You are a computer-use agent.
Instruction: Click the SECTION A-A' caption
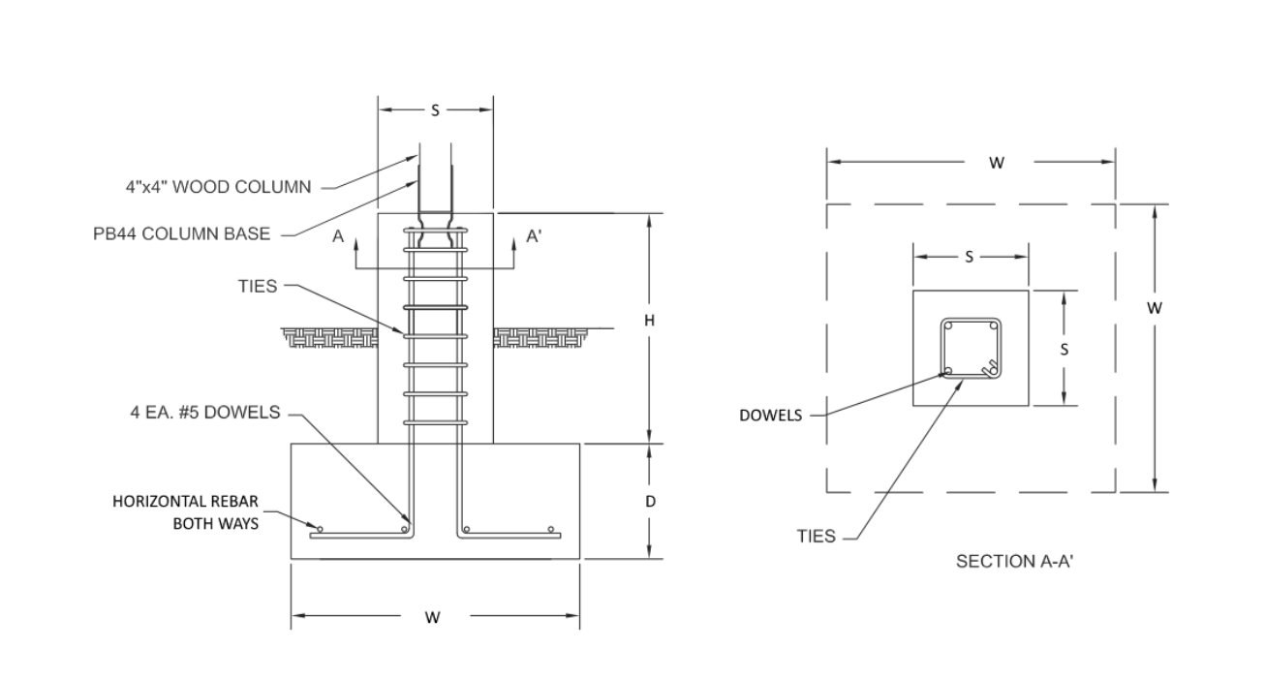[1014, 562]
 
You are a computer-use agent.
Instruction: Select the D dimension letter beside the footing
[650, 502]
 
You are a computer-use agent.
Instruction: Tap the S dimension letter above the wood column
[435, 110]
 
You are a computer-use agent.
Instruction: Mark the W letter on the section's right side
[1154, 308]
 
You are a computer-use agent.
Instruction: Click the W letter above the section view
[996, 163]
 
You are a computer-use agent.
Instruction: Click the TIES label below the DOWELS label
[816, 536]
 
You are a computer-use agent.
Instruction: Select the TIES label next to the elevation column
[258, 287]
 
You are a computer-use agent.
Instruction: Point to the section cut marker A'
[532, 236]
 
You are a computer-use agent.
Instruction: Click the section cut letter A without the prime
[338, 236]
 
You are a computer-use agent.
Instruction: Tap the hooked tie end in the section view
[988, 368]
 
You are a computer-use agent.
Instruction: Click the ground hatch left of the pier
[329, 337]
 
